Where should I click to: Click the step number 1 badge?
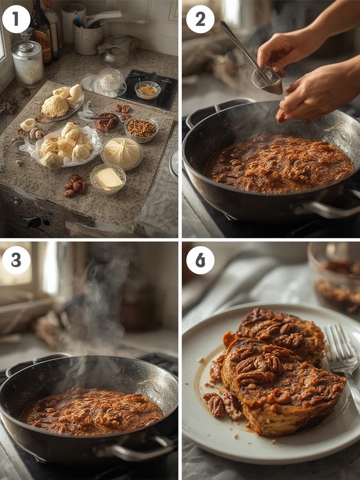click(x=16, y=19)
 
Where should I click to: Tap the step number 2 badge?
click(x=200, y=19)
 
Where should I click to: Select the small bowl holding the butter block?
click(x=108, y=178)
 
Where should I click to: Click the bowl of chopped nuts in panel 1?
click(x=141, y=128)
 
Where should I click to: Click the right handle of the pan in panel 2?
click(x=328, y=209)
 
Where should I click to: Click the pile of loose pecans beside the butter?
click(x=75, y=185)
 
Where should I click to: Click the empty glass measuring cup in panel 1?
click(x=110, y=80)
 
